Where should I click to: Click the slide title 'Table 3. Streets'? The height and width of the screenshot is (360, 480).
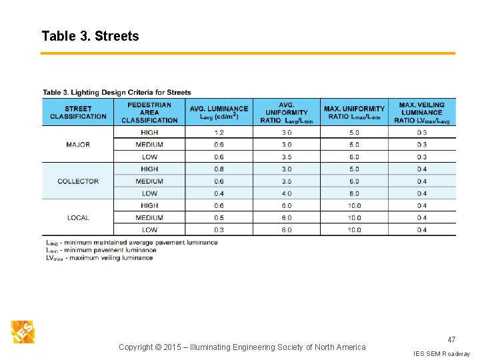[x=90, y=36]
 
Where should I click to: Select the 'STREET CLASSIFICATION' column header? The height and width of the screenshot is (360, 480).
[x=78, y=112]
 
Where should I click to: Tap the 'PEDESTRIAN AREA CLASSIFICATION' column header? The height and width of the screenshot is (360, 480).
[x=149, y=112]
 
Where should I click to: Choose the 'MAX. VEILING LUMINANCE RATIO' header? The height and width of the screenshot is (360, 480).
[x=421, y=112]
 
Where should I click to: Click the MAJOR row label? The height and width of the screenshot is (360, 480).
[x=78, y=145]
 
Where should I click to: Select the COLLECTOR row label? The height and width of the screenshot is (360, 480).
[x=78, y=181]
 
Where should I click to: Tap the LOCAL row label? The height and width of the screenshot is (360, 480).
[x=78, y=218]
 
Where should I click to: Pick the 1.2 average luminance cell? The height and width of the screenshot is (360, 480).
[x=219, y=133]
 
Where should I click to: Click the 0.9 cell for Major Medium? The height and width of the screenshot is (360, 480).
[x=219, y=145]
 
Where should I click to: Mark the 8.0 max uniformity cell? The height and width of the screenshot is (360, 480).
[x=354, y=193]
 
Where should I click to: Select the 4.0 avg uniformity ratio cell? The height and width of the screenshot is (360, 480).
[x=286, y=193]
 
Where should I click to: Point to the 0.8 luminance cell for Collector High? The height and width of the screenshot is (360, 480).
[x=219, y=169]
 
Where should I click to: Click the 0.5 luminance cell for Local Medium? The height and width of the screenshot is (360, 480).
[x=219, y=218]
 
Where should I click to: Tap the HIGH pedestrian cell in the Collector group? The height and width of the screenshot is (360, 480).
[x=149, y=169]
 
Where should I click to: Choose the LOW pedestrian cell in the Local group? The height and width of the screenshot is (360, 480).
[x=149, y=230]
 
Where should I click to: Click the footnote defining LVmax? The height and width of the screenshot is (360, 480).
[x=99, y=258]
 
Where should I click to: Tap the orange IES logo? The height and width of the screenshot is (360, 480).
[x=23, y=332]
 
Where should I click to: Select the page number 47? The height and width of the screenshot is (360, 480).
[x=451, y=340]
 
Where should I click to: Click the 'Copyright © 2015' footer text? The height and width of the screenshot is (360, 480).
[x=242, y=347]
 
